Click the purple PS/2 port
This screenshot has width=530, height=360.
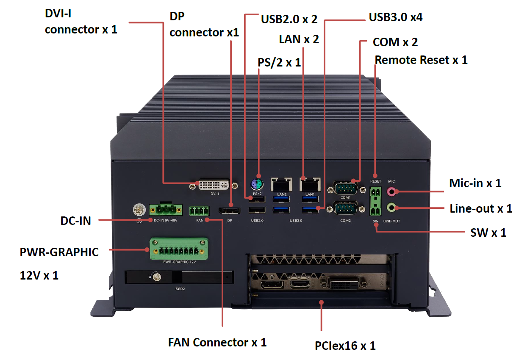[256, 184]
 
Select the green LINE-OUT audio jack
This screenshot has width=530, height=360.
[392, 208]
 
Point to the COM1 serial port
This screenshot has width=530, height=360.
[345, 187]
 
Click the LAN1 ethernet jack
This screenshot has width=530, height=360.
[310, 185]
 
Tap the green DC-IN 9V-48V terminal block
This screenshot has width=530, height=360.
[165, 209]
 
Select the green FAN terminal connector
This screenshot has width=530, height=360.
[199, 210]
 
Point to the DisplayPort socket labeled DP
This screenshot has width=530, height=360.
[229, 210]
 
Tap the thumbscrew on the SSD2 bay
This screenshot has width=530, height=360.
[157, 277]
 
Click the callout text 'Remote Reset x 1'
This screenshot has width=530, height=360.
[421, 60]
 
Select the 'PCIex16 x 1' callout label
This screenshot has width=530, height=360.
[345, 346]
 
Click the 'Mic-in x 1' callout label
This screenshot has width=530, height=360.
[475, 183]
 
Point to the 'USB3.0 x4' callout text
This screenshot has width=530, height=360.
[396, 17]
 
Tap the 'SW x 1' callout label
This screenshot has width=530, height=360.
[488, 233]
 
